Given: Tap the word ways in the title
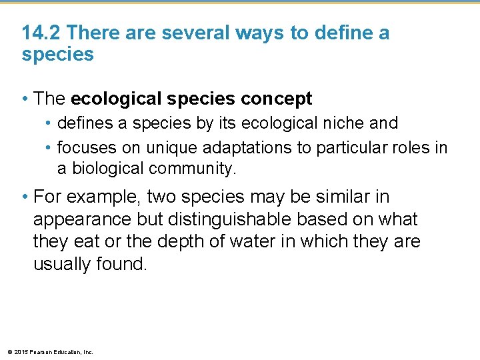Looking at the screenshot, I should pos(255,32).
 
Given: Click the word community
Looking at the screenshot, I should pos(193,169).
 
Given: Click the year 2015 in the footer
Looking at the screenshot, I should pos(19,351).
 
